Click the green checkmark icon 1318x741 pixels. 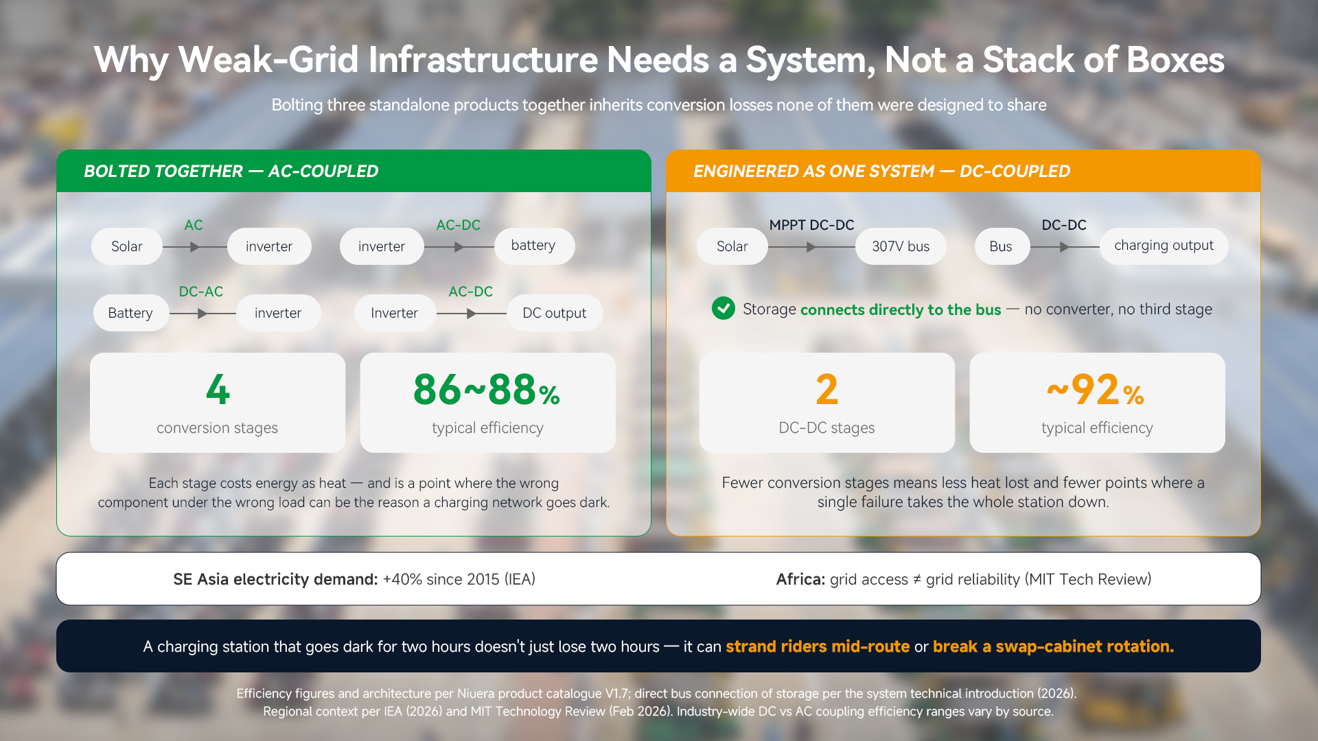pos(723,309)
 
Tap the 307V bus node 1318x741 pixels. pos(901,246)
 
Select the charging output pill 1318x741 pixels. pos(1164,246)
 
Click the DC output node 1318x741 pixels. pos(554,313)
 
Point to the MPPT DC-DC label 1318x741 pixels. pos(811,225)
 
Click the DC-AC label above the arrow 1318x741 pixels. pos(200,292)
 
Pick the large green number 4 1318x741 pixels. pos(218,389)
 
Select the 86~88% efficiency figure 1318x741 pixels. pos(487,389)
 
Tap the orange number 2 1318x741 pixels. pos(826,389)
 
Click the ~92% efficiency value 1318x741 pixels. pos(1096,389)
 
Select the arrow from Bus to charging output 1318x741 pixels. pos(1065,247)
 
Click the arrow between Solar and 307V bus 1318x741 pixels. pos(811,247)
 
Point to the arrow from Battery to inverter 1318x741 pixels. pos(203,314)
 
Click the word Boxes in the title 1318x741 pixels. pos(1175,60)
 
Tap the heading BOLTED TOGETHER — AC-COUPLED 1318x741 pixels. pos(231,171)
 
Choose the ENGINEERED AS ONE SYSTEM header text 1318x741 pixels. pos(813,171)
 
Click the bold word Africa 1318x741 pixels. pos(800,579)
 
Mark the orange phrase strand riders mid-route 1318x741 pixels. pos(818,646)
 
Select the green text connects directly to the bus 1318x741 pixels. pos(901,309)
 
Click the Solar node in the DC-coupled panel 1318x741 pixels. pos(732,246)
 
